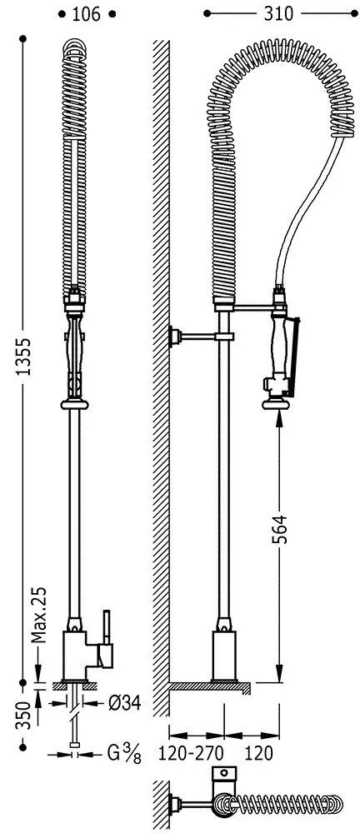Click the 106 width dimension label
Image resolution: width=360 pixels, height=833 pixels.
(x=86, y=14)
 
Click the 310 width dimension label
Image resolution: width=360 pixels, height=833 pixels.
(x=278, y=14)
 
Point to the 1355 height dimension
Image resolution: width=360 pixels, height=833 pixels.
(x=22, y=357)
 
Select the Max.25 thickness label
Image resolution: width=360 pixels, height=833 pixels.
(x=37, y=606)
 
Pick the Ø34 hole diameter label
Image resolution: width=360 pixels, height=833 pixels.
(x=124, y=703)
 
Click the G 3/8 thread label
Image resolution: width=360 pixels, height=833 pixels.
(x=125, y=755)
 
